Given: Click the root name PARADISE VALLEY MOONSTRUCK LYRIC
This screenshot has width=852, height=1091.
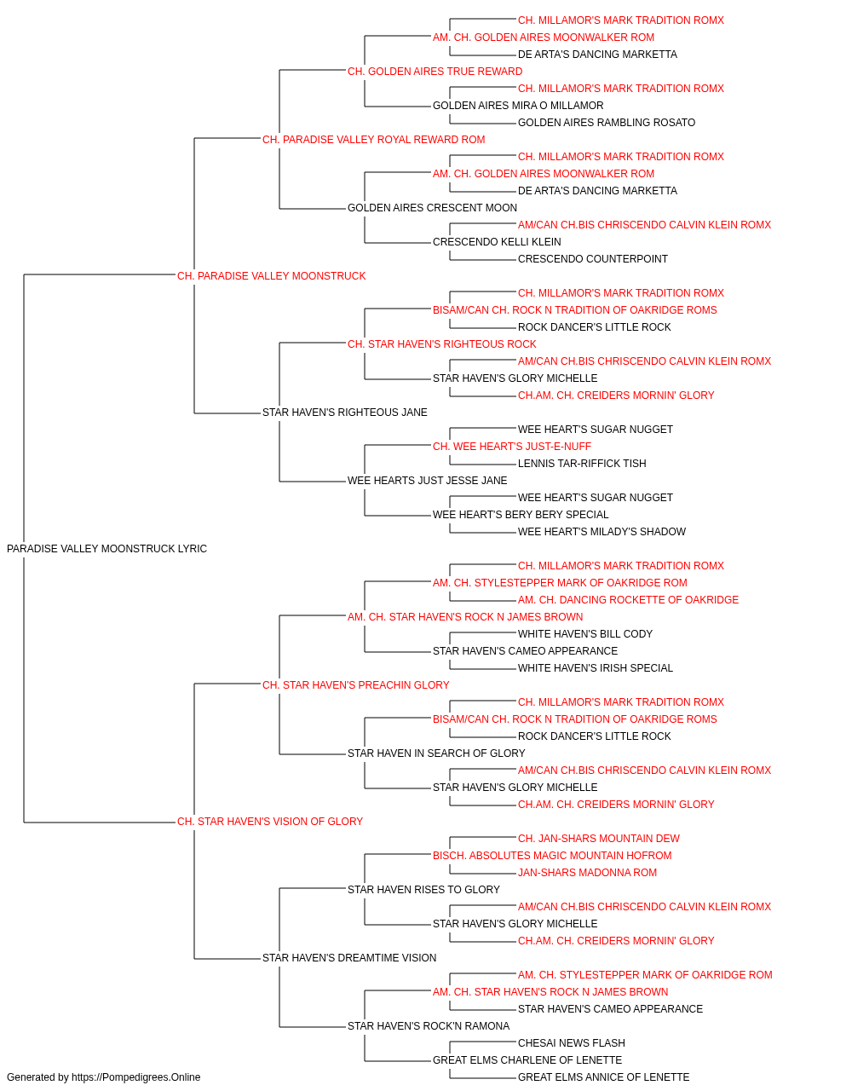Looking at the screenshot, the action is tap(106, 549).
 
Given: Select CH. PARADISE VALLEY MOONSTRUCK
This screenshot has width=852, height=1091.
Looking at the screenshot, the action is tap(272, 276).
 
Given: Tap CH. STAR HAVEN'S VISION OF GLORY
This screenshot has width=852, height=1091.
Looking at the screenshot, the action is tap(270, 822).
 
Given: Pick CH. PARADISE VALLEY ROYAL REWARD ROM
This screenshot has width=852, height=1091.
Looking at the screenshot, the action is tap(374, 140).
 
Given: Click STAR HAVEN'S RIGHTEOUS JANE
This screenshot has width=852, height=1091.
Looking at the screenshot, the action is tap(345, 413).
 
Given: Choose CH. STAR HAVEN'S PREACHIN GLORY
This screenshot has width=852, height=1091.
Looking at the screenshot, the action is tap(356, 684).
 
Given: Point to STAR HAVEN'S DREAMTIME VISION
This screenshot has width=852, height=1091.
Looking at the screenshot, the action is tap(349, 958).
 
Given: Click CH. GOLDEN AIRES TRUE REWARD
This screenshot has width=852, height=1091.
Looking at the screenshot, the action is tap(435, 72).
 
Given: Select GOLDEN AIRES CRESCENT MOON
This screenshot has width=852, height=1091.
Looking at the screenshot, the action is tap(432, 208).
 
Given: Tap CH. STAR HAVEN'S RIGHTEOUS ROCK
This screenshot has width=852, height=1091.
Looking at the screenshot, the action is tap(442, 344).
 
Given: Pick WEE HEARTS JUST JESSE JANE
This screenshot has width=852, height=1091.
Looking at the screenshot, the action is tap(428, 481).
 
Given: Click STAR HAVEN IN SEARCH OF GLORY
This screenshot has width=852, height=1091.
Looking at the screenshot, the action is tap(436, 753).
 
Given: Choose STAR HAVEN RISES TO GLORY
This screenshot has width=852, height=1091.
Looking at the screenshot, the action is tap(424, 890).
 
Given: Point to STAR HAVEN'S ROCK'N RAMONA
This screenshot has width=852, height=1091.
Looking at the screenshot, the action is tap(429, 1026).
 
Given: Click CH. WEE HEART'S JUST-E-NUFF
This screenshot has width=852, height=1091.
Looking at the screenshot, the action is tap(512, 447).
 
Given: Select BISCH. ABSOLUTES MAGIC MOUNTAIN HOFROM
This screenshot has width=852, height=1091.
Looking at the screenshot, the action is tap(552, 856).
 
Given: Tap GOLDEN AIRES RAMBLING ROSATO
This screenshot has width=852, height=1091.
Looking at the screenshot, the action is tap(607, 123).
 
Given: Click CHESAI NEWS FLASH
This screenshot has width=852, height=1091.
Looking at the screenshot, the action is tap(572, 1043).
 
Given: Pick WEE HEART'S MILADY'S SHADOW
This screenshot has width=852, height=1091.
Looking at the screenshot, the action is tap(602, 532).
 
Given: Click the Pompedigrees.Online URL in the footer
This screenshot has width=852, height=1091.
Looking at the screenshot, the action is tap(136, 1077).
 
